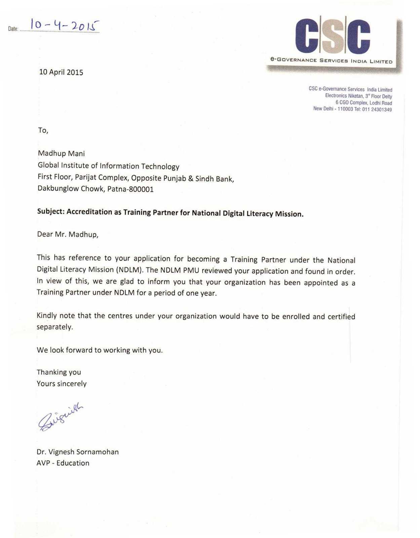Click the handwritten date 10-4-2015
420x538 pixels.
tap(65, 25)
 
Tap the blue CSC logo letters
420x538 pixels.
tap(333, 36)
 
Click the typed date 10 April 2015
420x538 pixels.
tap(61, 72)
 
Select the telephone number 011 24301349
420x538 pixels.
tap(377, 110)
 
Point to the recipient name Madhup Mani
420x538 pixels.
tap(61, 154)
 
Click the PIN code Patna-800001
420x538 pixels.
tap(130, 189)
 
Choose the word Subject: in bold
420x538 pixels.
tap(50, 212)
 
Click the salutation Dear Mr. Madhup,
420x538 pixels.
tap(68, 234)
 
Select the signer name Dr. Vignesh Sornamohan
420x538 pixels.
tap(77, 452)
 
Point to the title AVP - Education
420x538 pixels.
tap(63, 463)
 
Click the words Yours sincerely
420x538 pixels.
tap(62, 384)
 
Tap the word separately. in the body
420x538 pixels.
tap(54, 327)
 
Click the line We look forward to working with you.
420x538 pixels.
tap(100, 350)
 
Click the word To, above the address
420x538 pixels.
tap(43, 130)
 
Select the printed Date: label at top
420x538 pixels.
tap(13, 29)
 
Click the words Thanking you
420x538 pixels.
tap(59, 372)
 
